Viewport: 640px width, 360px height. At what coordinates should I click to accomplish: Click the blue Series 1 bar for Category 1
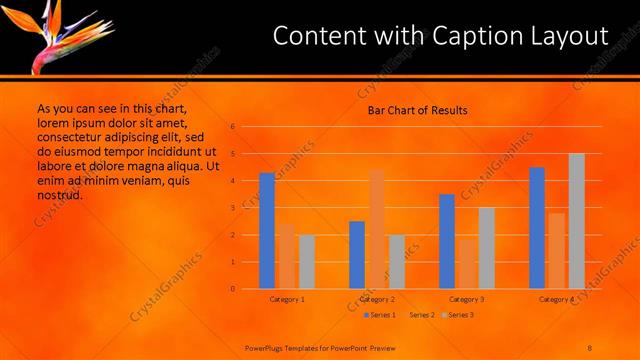coord(267,231)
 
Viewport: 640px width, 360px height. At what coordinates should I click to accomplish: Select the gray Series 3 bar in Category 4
coord(576,221)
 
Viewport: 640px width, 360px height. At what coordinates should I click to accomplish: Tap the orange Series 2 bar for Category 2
coord(376,229)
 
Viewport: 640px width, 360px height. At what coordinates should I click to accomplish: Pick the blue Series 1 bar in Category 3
coord(447,241)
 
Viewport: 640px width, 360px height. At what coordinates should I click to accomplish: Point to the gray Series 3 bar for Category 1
coord(306,261)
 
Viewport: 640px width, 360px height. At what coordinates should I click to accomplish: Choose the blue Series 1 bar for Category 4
coord(537,228)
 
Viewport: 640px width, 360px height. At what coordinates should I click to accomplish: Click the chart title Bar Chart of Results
coord(417,110)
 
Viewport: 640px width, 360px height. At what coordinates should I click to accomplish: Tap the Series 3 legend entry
coord(461,315)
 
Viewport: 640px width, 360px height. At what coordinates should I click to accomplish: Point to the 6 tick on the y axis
coord(232,127)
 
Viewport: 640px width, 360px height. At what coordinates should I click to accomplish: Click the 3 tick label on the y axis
coord(232,208)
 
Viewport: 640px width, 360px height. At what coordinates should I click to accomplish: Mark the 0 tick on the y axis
coord(232,289)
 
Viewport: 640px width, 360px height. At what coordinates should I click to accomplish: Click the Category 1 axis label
coord(287,299)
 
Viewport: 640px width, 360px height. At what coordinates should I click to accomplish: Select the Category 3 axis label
coord(467,299)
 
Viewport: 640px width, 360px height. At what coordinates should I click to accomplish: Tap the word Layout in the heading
coord(570,37)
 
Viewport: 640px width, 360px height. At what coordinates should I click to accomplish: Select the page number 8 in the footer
coord(590,347)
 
